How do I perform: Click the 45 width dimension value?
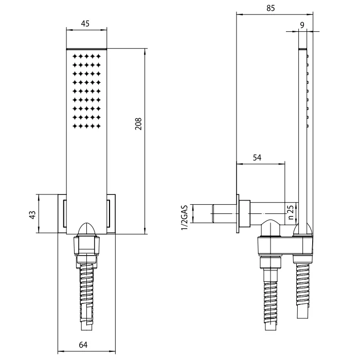tap(85, 24)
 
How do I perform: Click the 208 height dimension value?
tap(138, 124)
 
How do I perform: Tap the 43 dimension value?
tap(33, 214)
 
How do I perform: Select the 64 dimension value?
tap(83, 345)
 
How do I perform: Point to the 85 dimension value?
tap(271, 8)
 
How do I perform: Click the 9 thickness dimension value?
tap(302, 25)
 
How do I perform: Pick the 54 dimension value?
tap(257, 157)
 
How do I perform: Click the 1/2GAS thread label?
tap(184, 218)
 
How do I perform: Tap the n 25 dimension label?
tap(291, 212)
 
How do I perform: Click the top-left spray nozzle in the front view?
tap(75, 56)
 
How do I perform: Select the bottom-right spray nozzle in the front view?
tap(99, 126)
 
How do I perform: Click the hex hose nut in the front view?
tap(86, 246)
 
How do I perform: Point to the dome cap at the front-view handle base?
tap(86, 228)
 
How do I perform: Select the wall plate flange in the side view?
tap(238, 213)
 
